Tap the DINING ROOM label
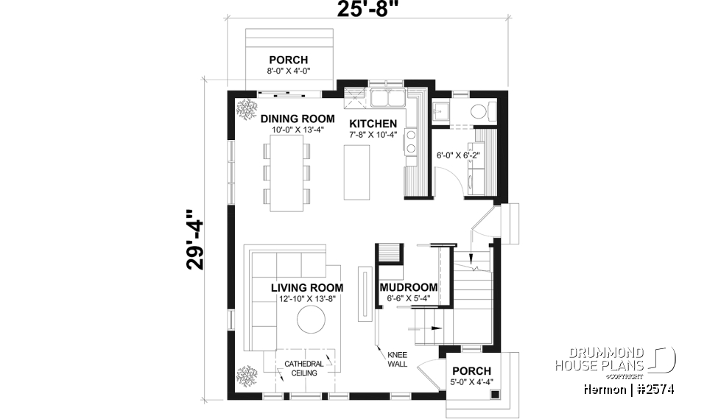click(x=297, y=118)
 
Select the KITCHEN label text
click(x=373, y=124)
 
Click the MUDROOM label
click(x=408, y=287)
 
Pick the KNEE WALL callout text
click(x=397, y=359)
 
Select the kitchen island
click(x=359, y=171)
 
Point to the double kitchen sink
click(x=387, y=98)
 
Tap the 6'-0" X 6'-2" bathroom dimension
click(x=457, y=156)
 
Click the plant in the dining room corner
click(x=244, y=109)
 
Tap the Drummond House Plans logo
click(x=612, y=360)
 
